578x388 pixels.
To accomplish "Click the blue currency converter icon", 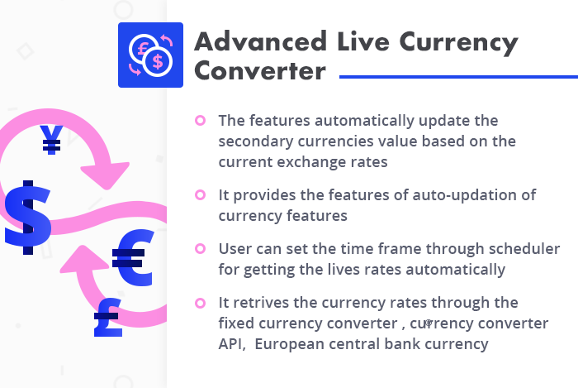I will (149, 54).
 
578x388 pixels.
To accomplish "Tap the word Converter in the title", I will (259, 72).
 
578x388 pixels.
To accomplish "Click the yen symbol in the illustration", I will (52, 141).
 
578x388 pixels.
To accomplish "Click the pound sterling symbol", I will (107, 319).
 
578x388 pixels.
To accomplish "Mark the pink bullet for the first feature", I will (200, 121).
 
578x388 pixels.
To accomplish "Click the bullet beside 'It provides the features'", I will (200, 195).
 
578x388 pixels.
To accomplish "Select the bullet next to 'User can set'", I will (200, 249).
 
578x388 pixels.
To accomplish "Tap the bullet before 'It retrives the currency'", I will (200, 303).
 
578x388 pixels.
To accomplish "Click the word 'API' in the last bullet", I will (231, 343).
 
